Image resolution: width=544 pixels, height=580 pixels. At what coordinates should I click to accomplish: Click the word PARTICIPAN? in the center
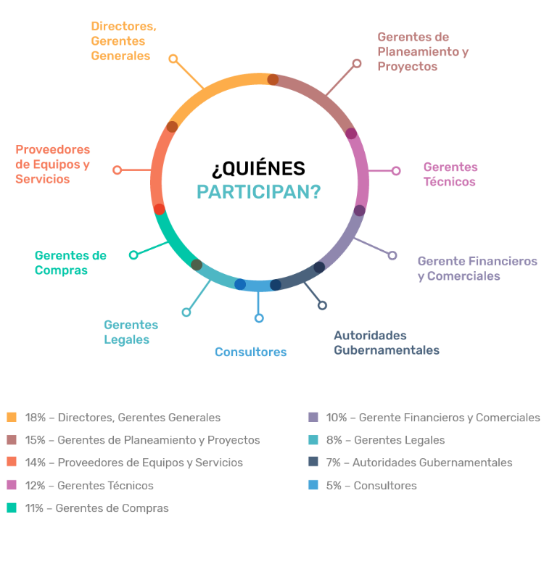click(x=259, y=192)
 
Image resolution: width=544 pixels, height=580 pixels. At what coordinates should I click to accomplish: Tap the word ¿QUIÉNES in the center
click(x=258, y=168)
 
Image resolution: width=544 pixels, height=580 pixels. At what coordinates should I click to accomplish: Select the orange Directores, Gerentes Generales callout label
click(x=123, y=41)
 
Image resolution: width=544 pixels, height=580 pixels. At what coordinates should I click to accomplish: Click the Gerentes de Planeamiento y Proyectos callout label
click(x=423, y=51)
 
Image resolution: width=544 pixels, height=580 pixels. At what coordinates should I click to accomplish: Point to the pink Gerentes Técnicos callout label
click(x=450, y=174)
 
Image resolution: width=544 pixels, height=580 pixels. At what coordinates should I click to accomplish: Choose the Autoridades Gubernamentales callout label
click(x=386, y=343)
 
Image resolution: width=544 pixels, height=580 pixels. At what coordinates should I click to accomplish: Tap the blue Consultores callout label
click(x=250, y=352)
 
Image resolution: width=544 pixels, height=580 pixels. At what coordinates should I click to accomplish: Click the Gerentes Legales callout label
click(x=131, y=332)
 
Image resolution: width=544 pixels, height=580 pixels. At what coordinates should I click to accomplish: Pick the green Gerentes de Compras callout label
click(x=70, y=262)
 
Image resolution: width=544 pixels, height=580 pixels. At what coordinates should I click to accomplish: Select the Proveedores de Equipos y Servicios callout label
click(x=53, y=164)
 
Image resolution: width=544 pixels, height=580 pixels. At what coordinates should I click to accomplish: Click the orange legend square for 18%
click(x=11, y=417)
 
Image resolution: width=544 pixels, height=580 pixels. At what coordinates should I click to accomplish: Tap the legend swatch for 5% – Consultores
click(x=313, y=485)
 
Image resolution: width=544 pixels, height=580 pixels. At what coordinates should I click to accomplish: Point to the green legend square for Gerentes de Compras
click(x=11, y=507)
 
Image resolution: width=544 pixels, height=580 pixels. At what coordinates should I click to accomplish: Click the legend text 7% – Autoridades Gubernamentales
click(x=419, y=463)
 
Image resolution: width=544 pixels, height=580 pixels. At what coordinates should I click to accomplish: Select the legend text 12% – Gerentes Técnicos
click(x=89, y=485)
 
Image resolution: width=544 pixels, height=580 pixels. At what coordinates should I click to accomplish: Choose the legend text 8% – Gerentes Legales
click(x=385, y=440)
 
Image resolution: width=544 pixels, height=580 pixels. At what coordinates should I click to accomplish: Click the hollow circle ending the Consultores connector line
click(x=259, y=318)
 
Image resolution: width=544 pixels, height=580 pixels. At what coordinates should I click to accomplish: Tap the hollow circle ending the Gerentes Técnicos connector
click(x=396, y=171)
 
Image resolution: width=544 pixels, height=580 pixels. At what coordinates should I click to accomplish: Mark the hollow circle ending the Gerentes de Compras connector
click(x=133, y=255)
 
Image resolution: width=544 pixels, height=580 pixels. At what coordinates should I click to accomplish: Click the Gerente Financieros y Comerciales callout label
click(x=477, y=268)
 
